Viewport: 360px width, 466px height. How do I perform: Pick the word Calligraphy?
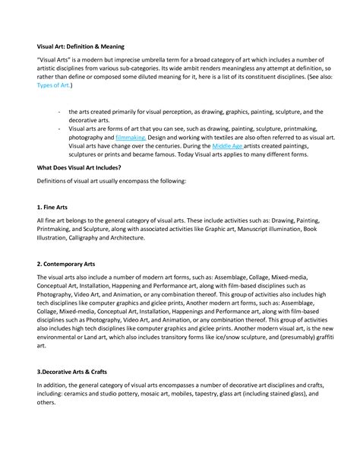pyautogui.click(x=87, y=238)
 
